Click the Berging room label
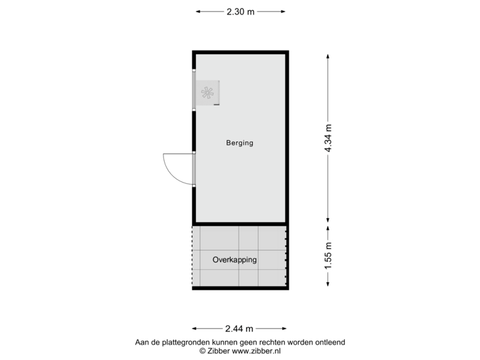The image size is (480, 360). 239,143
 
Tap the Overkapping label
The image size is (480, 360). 235,260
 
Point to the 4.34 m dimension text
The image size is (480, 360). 328,139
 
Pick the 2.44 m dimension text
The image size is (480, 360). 240,329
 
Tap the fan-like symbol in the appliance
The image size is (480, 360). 209,94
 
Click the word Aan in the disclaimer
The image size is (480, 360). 141,342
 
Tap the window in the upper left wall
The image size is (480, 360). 193,89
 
